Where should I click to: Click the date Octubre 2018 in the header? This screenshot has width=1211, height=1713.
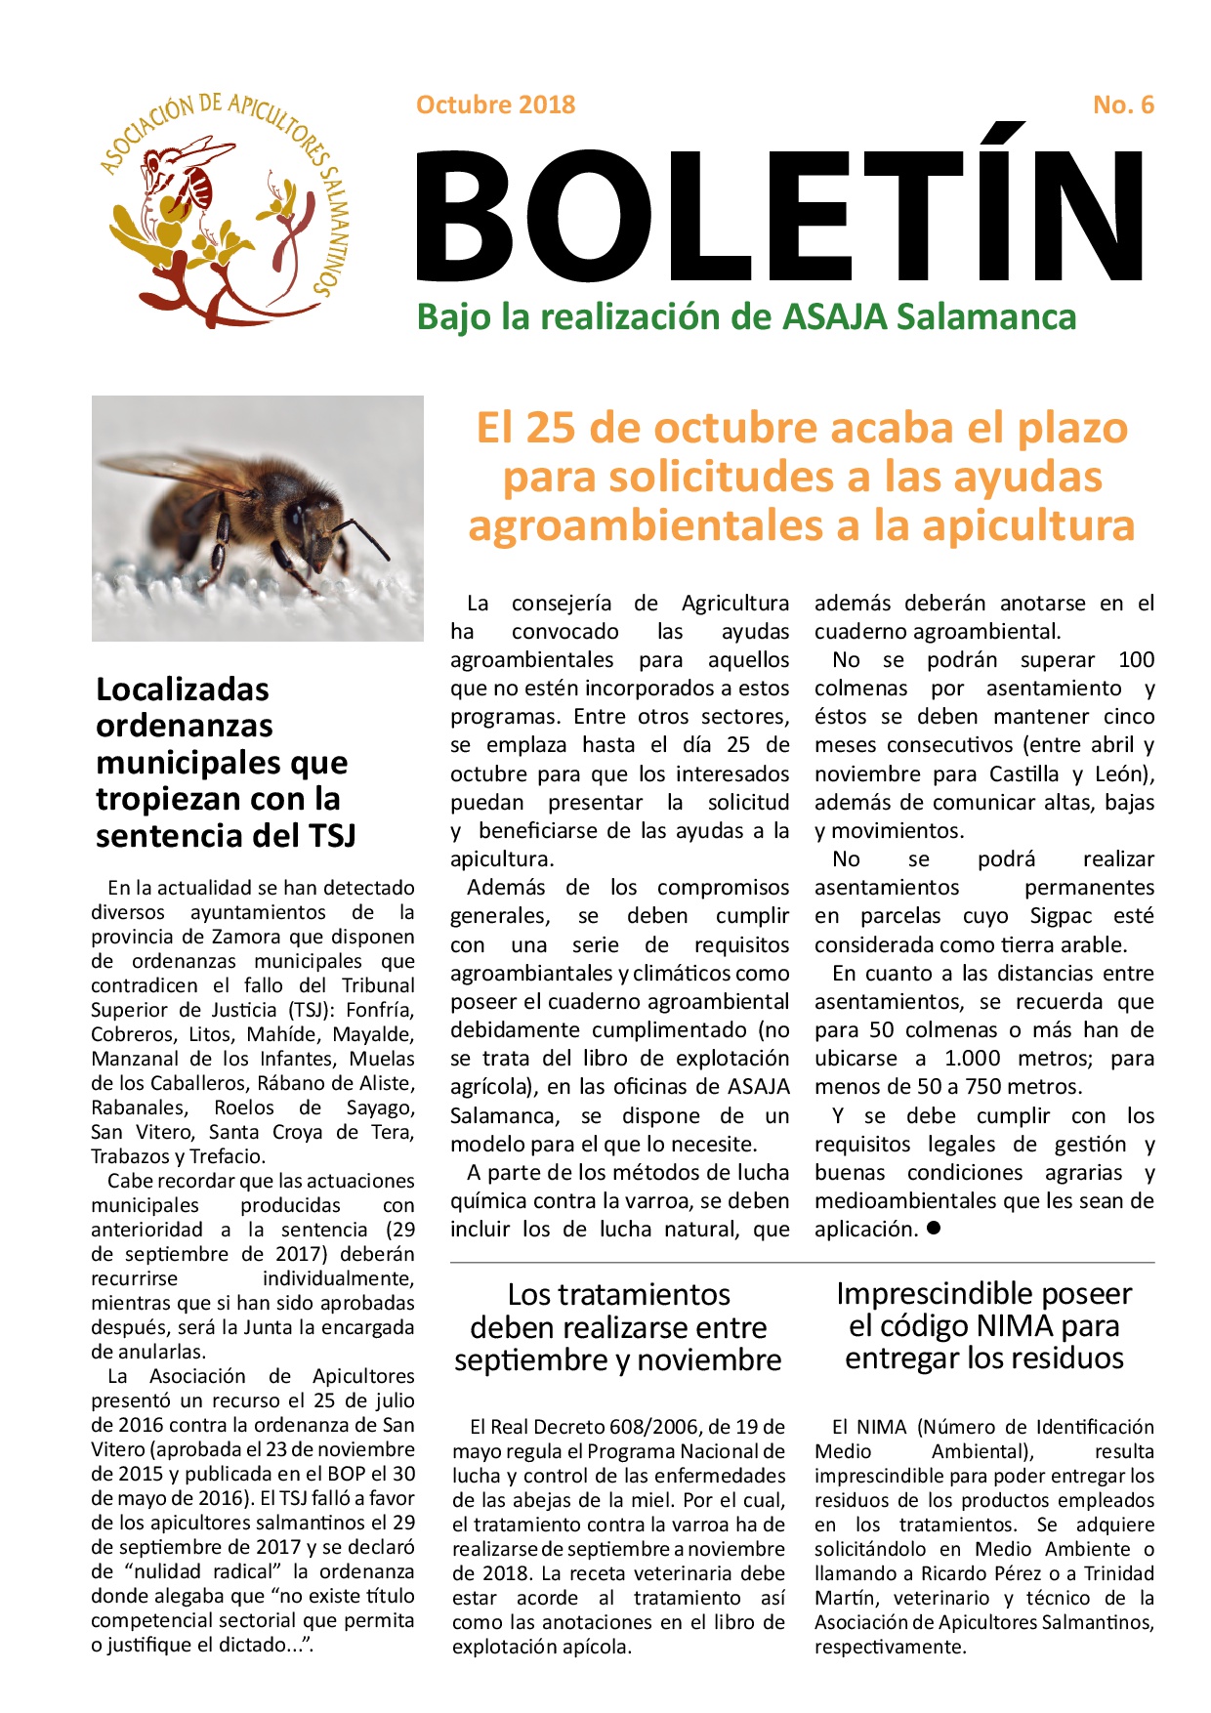point(495,104)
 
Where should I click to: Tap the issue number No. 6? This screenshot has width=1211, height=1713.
point(1123,104)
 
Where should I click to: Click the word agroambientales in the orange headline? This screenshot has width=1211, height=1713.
point(646,525)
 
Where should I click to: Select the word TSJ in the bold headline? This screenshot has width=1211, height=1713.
point(331,836)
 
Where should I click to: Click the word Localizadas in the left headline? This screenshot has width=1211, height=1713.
point(183,689)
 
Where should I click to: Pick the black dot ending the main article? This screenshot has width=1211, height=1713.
point(933,1229)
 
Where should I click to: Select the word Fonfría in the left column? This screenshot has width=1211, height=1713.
point(380,1010)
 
